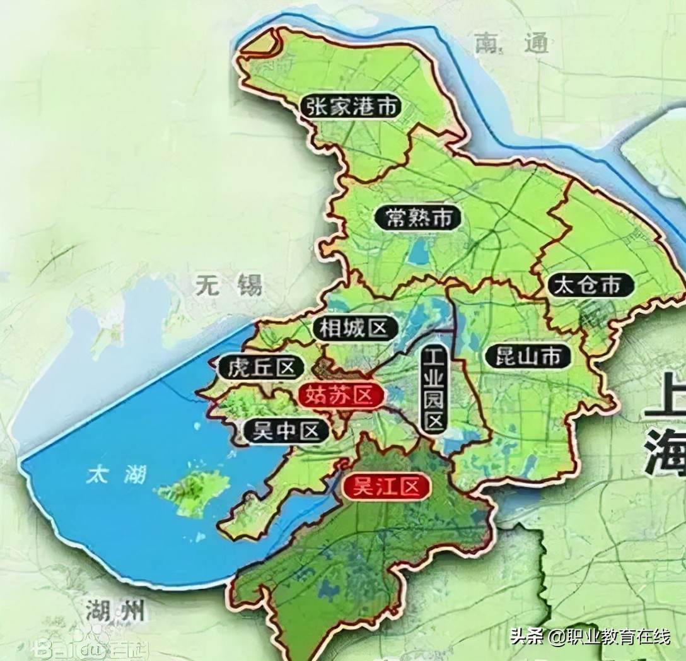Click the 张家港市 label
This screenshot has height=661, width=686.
tap(351, 107)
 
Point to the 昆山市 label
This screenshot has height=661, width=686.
tap(523, 358)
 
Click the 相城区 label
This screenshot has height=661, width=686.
tap(354, 328)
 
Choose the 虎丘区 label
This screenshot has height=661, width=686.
tap(262, 367)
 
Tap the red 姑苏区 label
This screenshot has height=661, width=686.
tap(340, 395)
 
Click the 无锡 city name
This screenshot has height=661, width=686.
tap(228, 286)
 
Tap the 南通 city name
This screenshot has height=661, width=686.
tap(508, 44)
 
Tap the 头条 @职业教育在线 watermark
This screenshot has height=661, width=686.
tap(590, 637)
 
